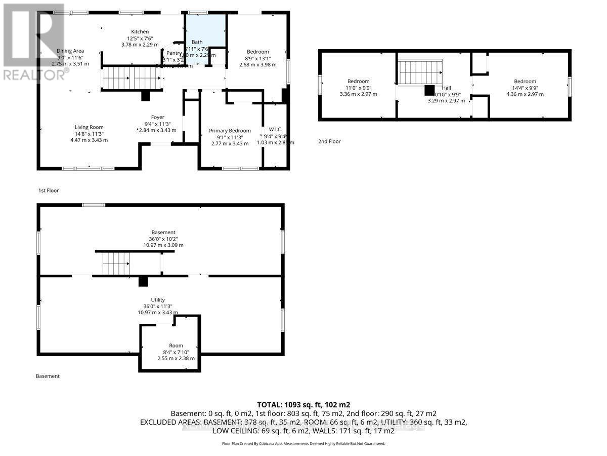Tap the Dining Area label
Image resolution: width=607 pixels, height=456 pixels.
(x=70, y=51)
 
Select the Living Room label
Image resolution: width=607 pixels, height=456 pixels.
(x=89, y=127)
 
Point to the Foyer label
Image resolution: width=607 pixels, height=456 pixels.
(x=157, y=117)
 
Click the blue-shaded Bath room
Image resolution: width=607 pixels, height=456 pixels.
(x=205, y=38)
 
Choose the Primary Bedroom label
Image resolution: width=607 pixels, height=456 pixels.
(x=230, y=131)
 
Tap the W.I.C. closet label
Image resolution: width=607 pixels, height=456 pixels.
(x=276, y=129)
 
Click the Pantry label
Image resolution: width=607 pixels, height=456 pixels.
(x=174, y=53)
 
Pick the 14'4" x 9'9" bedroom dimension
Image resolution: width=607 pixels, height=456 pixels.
(x=525, y=88)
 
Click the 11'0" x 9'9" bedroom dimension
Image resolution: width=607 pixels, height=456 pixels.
(x=358, y=88)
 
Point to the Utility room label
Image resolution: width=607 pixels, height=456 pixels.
(x=158, y=300)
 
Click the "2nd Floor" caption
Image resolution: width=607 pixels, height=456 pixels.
(x=329, y=141)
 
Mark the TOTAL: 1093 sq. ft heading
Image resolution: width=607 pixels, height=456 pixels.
(x=303, y=405)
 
